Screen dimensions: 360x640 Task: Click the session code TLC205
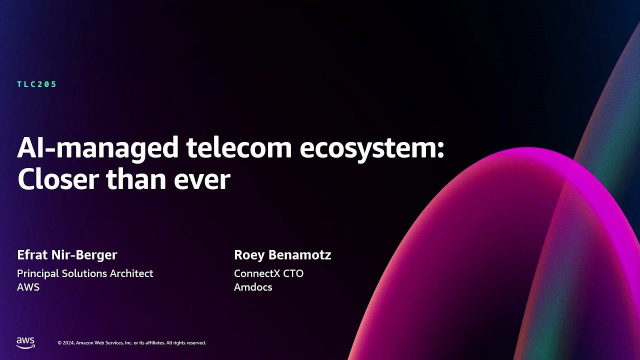(37, 84)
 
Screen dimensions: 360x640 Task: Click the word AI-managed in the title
(97, 148)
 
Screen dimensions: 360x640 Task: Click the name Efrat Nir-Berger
(67, 255)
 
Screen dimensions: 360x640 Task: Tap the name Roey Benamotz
(282, 255)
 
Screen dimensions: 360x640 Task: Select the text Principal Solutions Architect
(85, 273)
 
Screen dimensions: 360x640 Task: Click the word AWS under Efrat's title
(28, 287)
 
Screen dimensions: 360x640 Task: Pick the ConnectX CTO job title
(268, 273)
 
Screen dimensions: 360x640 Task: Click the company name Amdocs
(253, 287)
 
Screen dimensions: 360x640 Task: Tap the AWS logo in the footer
(25, 342)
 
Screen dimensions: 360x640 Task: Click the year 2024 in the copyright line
(68, 343)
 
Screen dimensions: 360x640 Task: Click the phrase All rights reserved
(186, 343)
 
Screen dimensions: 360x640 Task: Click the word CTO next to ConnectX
(293, 273)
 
